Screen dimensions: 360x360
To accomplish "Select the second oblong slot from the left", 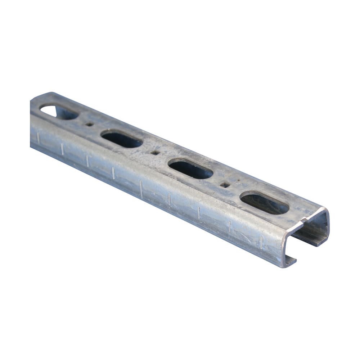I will point(121,139).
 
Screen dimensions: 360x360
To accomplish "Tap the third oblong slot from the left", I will point(190,169).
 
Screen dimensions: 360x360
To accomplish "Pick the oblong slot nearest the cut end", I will point(264,203).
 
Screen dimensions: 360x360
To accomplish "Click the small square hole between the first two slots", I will point(89,124).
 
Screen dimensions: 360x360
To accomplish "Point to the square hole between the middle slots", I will point(154,153).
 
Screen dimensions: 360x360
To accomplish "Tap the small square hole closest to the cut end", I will point(224,185).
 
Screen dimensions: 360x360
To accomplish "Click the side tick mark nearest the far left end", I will point(37,137).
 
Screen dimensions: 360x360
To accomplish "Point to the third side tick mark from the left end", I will point(87,161).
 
